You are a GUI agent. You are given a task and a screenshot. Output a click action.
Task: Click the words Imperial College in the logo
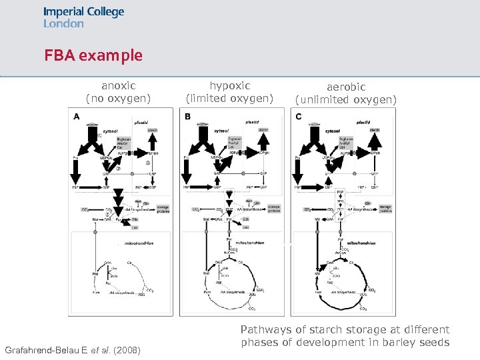(83, 12)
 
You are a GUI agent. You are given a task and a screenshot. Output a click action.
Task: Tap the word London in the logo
(63, 23)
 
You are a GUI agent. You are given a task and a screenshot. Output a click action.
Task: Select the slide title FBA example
(93, 55)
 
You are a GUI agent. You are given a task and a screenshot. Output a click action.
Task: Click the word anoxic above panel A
(118, 85)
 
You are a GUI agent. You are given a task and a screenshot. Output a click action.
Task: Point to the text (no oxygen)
(118, 99)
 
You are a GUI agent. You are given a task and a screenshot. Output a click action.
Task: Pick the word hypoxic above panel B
(230, 85)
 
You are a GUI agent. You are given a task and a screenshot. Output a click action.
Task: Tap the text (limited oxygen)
(230, 99)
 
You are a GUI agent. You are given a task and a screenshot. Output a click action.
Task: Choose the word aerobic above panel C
(345, 87)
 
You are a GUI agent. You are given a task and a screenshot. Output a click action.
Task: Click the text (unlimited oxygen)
(345, 100)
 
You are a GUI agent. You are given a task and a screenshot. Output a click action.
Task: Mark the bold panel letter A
(77, 117)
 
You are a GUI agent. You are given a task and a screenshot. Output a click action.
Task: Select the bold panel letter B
(187, 117)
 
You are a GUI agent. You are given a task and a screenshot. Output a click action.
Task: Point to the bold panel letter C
(297, 117)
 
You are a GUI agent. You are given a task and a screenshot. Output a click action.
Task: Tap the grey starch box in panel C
(374, 130)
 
